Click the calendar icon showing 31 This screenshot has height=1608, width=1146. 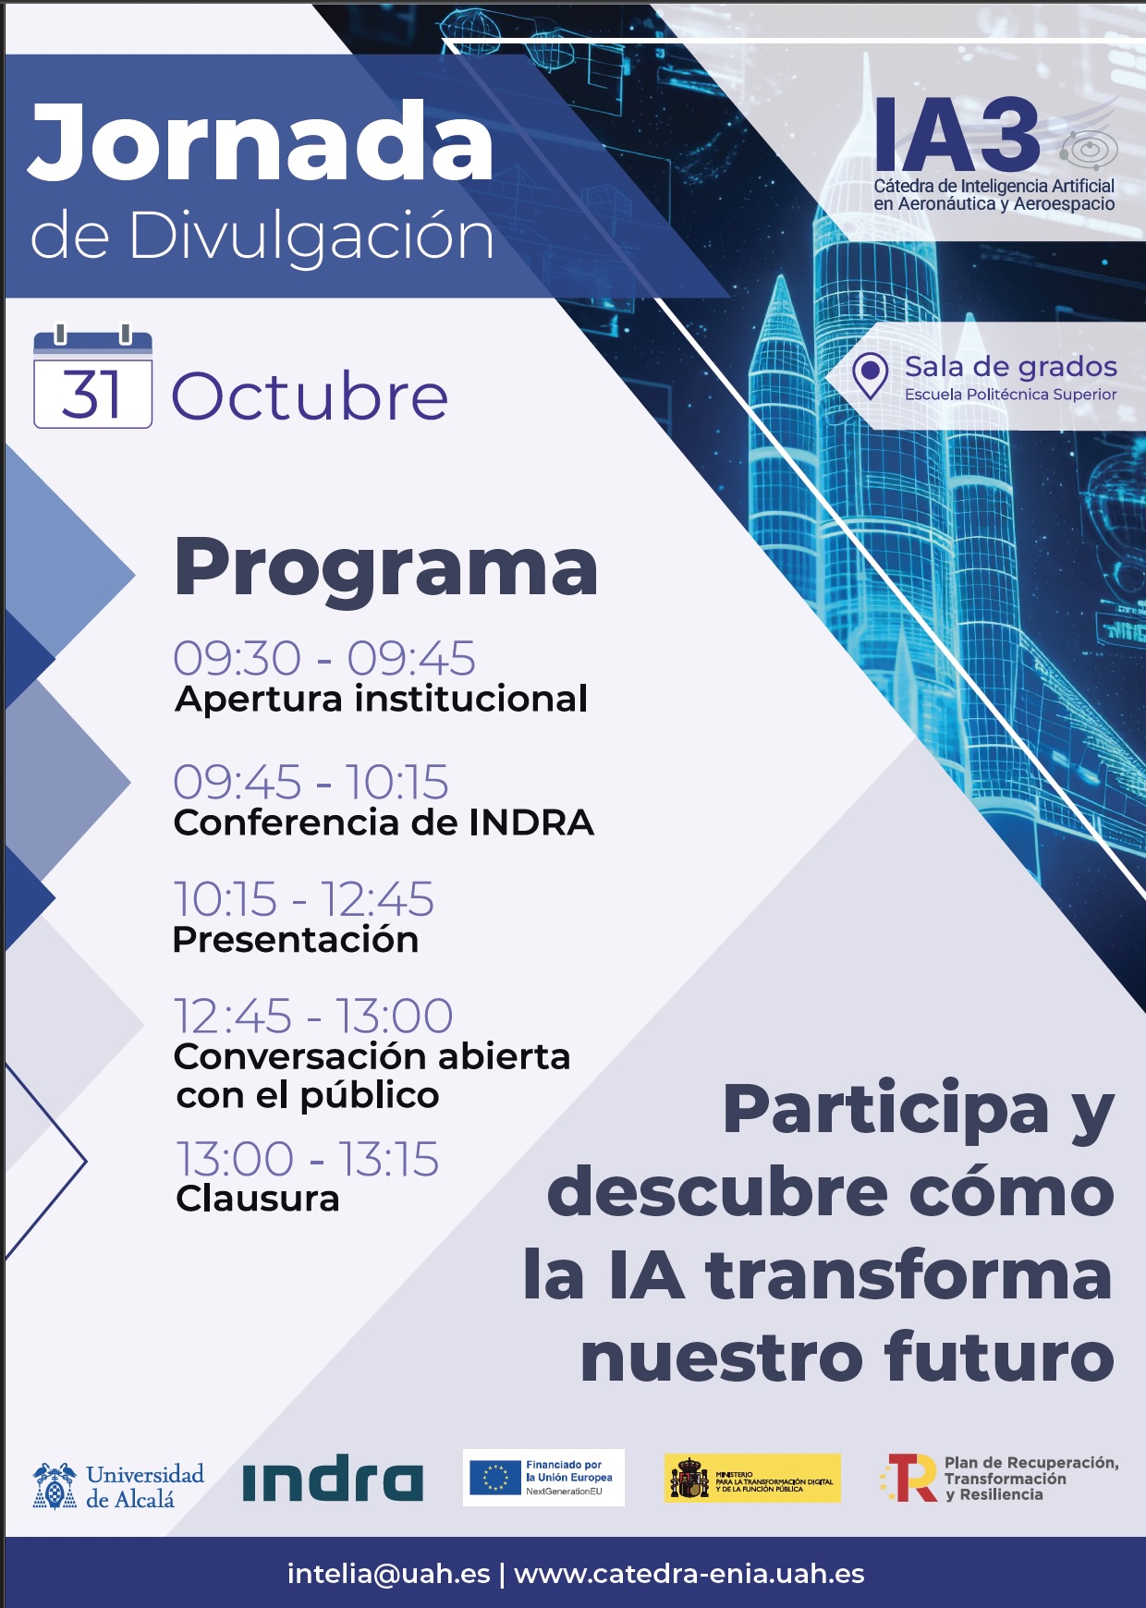click(92, 379)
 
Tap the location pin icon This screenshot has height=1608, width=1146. click(870, 374)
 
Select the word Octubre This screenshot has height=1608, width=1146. click(310, 396)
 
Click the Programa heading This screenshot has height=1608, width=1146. click(386, 566)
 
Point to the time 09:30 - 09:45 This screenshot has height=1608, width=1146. click(324, 659)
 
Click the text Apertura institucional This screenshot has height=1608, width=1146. click(381, 699)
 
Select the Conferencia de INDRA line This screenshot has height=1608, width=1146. click(384, 822)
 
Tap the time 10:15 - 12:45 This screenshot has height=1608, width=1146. click(304, 899)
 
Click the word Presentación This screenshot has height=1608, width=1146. click(296, 940)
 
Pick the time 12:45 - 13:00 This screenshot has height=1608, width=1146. click(313, 1016)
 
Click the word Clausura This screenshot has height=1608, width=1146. click(258, 1199)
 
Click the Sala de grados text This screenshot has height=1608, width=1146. click(1011, 367)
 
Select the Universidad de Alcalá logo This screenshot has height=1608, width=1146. click(118, 1486)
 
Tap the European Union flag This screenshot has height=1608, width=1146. click(495, 1477)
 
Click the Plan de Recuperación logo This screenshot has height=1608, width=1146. click(999, 1478)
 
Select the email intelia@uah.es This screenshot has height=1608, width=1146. click(388, 1574)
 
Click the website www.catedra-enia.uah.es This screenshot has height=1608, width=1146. click(689, 1574)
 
